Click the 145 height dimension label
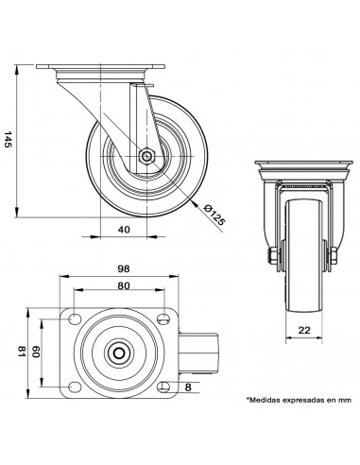coord(8,139)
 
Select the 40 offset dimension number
coord(124,230)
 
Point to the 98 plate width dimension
coord(124,268)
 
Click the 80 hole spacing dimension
coord(124,285)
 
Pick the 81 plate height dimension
coord(22,352)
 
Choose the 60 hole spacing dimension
coord(35,352)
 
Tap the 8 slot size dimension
coord(188,387)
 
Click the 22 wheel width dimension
coord(304,330)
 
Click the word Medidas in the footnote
coord(261,400)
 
